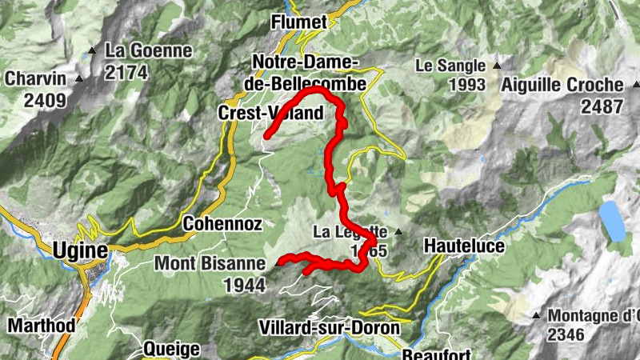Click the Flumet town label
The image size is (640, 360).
[x=299, y=22]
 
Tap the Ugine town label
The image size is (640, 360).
[x=80, y=250]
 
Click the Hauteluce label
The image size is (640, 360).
[x=464, y=246]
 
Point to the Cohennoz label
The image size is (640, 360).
[x=213, y=224]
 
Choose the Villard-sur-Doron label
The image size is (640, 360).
[x=329, y=327]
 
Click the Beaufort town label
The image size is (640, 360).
[x=431, y=353]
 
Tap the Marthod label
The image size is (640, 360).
[x=42, y=326]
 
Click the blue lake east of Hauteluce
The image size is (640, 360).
[x=612, y=221]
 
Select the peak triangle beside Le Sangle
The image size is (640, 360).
[x=497, y=66]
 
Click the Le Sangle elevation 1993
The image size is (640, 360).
[x=467, y=84]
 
